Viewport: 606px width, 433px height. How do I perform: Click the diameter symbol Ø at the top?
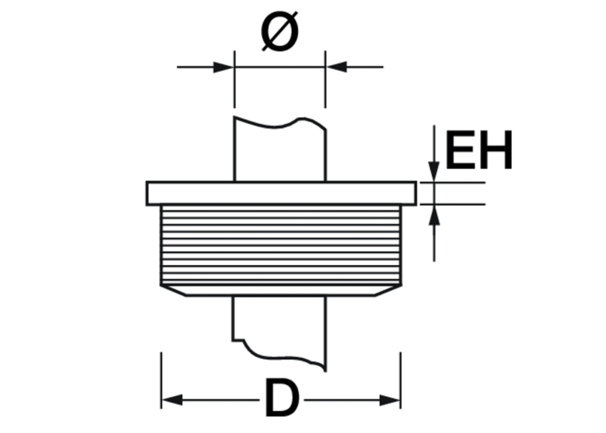[280, 32]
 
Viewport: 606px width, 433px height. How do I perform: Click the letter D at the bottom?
[282, 398]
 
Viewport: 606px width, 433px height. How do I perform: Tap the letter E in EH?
[460, 150]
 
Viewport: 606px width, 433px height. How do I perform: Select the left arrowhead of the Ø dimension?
[223, 67]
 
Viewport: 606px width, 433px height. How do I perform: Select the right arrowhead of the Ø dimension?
[335, 67]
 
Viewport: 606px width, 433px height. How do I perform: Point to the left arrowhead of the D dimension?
[172, 400]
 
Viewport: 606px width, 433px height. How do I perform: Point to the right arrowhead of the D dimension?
[390, 400]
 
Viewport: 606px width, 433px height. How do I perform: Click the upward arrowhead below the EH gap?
[434, 215]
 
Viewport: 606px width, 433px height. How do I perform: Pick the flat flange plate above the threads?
[282, 193]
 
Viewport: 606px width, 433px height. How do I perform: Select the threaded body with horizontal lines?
[282, 245]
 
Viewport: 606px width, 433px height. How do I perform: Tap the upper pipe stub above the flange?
[280, 149]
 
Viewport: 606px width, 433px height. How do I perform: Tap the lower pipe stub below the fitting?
[280, 333]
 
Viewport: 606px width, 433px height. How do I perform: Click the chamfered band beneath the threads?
[282, 291]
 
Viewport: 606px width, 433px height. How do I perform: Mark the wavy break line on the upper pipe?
[280, 123]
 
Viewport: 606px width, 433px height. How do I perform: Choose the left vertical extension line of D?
[162, 380]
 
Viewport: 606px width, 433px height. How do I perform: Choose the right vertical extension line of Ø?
[326, 80]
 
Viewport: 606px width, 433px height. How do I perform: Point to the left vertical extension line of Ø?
[234, 80]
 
